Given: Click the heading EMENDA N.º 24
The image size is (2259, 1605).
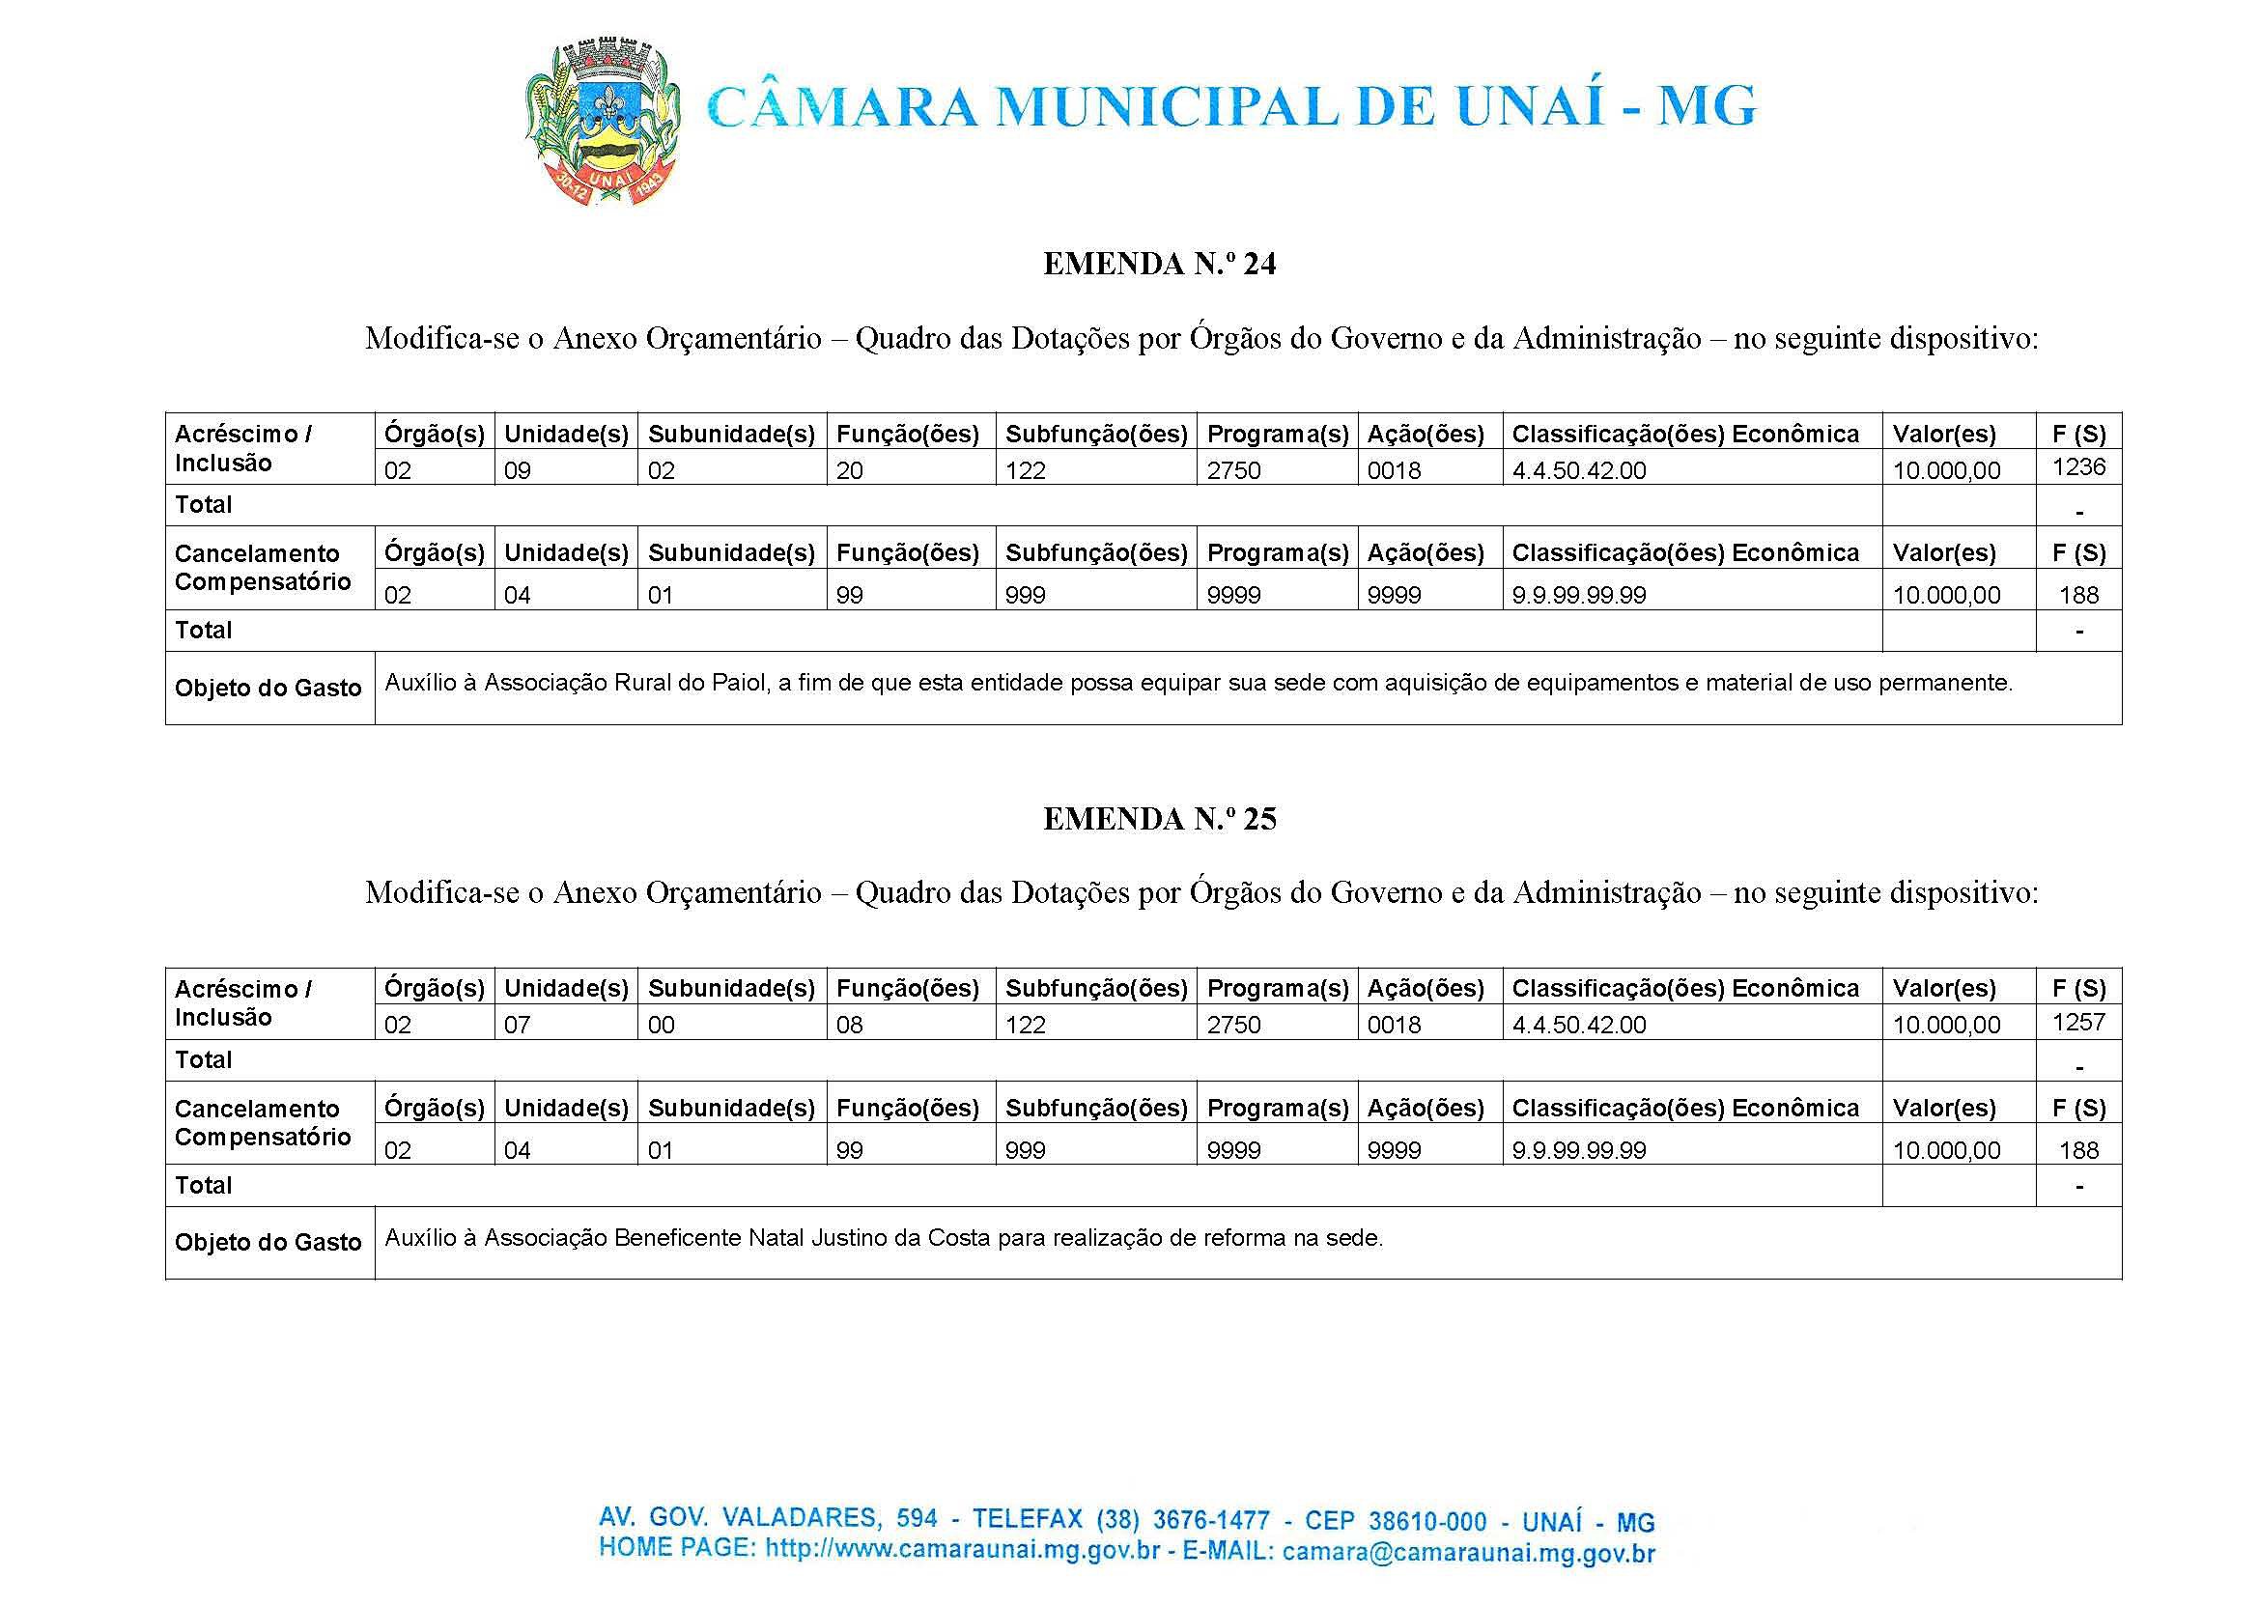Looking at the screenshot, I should click(x=1159, y=264).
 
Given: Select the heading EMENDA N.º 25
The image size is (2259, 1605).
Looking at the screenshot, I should click(x=1159, y=819).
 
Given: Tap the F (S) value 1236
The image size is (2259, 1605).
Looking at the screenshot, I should click(x=2079, y=466).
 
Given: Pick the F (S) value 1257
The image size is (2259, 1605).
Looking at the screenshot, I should click(x=2079, y=1021).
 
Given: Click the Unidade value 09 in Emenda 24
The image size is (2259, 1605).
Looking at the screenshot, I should click(x=517, y=470).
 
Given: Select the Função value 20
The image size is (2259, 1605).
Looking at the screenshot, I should click(x=849, y=470).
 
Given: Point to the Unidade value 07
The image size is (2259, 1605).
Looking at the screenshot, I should click(x=517, y=1025).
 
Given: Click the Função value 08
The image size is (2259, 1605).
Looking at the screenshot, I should click(x=849, y=1025).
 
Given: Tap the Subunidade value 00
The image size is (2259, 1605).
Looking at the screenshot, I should click(x=662, y=1025).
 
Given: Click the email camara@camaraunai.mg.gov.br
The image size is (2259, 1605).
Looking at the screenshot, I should click(x=1468, y=1552).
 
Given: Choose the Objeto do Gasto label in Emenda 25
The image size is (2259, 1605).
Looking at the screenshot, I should click(x=268, y=1242).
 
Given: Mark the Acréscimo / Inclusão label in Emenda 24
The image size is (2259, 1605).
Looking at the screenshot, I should click(x=243, y=449).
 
